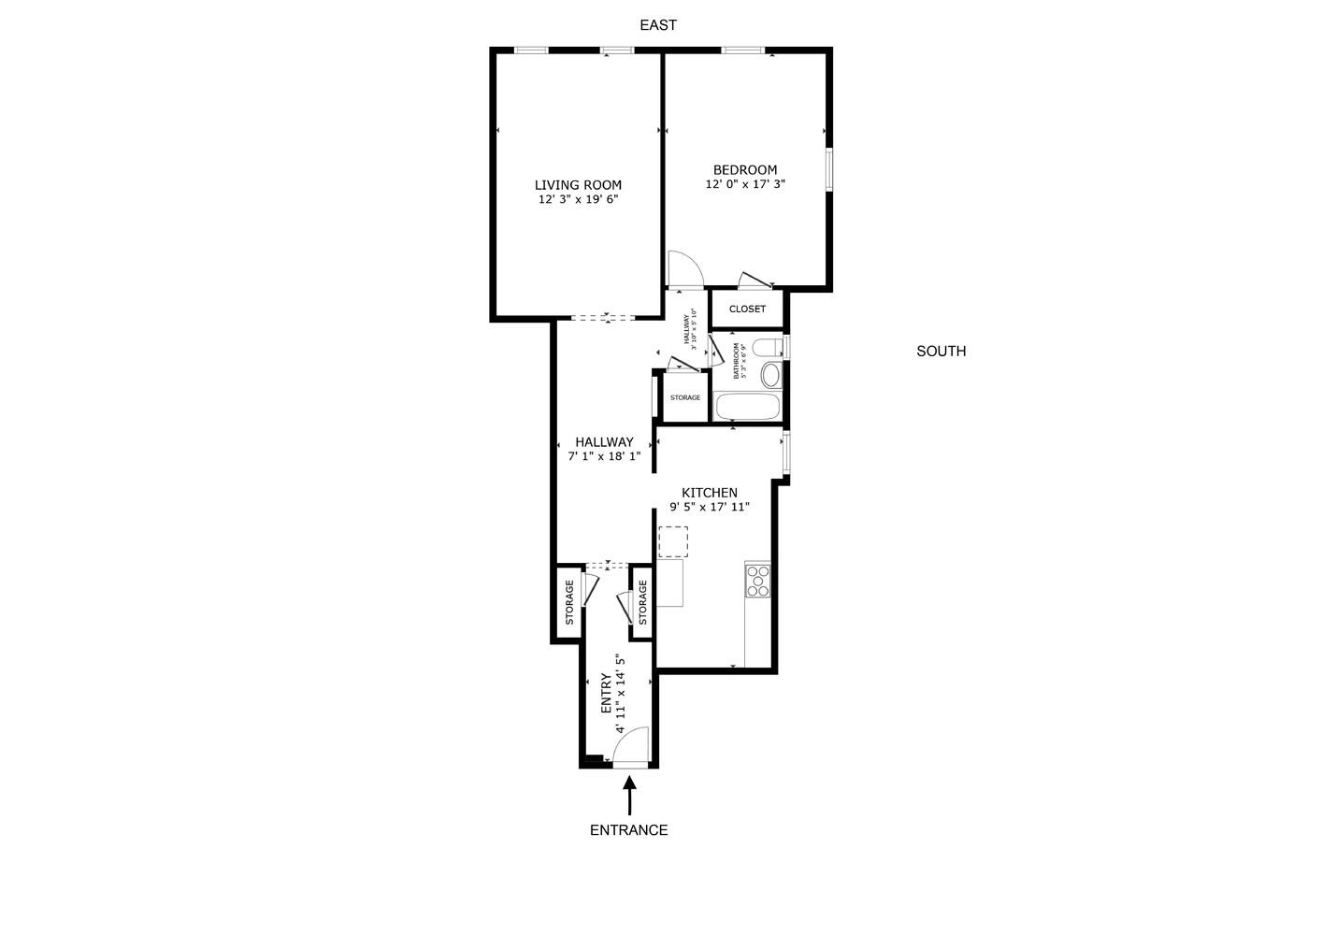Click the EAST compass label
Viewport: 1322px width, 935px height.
click(x=657, y=25)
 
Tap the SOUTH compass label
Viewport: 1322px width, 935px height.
click(x=941, y=352)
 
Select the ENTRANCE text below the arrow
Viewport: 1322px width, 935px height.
click(x=628, y=830)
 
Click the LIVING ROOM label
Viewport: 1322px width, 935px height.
click(x=578, y=185)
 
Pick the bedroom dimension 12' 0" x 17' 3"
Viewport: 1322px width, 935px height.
click(x=745, y=185)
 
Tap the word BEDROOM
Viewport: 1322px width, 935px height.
click(x=745, y=170)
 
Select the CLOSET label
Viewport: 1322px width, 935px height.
click(x=747, y=309)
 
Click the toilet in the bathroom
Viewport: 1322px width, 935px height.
click(x=768, y=349)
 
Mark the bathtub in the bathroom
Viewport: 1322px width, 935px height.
click(x=746, y=407)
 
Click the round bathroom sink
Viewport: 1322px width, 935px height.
click(x=770, y=376)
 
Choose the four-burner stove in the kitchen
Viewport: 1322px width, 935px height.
click(x=757, y=580)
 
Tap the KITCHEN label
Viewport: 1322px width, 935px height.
click(x=710, y=493)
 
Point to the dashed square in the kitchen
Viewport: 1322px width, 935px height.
click(x=673, y=542)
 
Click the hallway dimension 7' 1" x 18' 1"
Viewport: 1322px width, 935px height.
click(x=604, y=457)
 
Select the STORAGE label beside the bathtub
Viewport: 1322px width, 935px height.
click(x=685, y=398)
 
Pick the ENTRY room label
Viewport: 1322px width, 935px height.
click(x=606, y=692)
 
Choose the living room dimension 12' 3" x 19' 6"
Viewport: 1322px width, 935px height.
click(x=578, y=200)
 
